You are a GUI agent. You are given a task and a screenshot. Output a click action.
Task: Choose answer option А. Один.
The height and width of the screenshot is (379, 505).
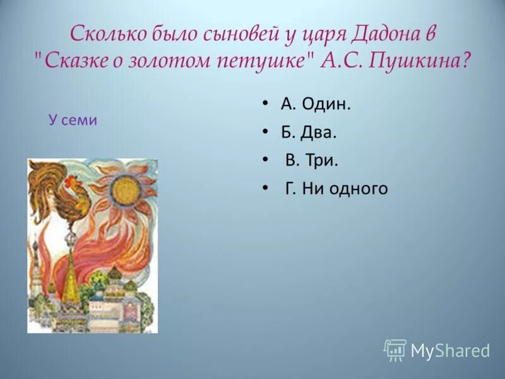(316, 105)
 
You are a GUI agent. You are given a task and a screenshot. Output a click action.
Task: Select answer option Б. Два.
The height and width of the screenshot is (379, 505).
(309, 132)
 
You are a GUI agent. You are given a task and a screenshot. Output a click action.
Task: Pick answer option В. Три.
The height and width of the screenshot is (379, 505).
(312, 160)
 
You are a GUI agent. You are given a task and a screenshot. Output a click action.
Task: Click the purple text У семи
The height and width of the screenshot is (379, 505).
(73, 120)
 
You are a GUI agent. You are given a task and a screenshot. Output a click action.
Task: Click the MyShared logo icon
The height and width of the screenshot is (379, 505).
(395, 349)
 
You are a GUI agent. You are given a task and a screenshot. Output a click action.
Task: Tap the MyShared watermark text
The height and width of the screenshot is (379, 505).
(450, 351)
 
